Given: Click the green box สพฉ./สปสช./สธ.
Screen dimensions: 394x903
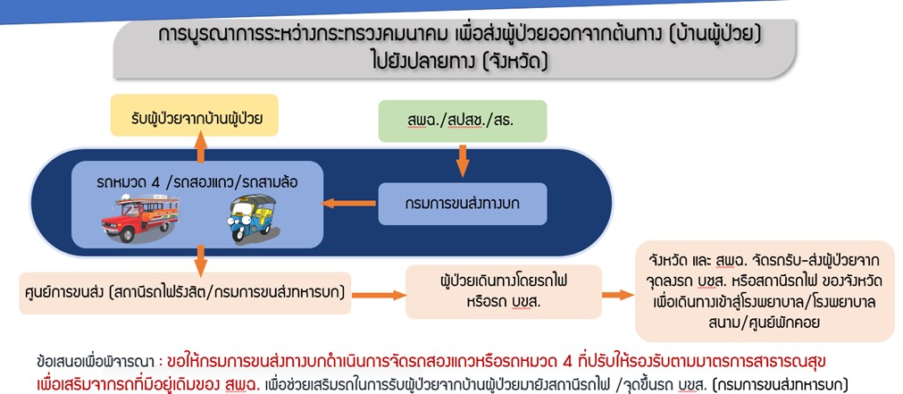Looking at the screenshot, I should (x=462, y=120).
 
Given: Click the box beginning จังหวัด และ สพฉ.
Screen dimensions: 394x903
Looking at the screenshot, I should (x=764, y=290).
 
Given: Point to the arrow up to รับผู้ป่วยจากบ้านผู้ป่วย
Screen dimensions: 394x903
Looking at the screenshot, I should (x=200, y=149).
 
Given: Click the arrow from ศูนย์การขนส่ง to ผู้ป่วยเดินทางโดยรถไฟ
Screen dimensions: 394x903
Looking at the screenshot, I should (x=381, y=293).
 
